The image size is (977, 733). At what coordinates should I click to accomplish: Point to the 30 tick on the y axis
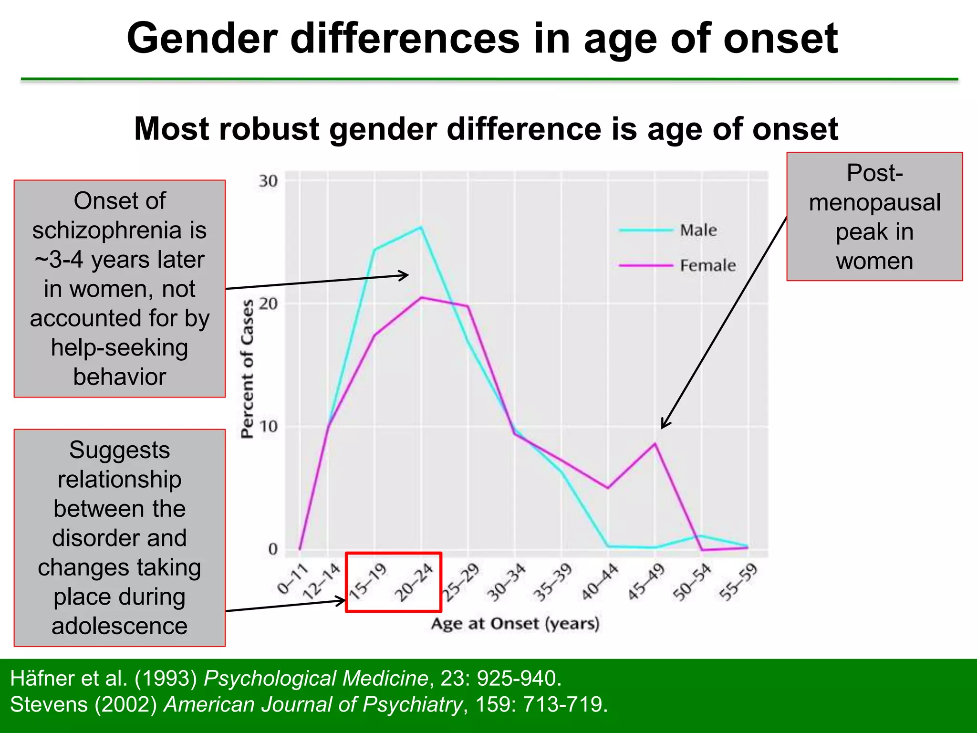(x=268, y=181)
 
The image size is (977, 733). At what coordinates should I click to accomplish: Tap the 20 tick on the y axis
(x=268, y=304)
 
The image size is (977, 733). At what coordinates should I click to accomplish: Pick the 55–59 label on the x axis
(x=738, y=582)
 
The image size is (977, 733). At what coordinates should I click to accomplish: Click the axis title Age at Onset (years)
(x=515, y=624)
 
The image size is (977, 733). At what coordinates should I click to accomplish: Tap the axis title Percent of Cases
(x=247, y=369)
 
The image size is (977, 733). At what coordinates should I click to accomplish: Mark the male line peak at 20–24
(x=421, y=227)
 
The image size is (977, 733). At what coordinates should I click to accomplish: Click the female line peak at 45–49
(x=655, y=443)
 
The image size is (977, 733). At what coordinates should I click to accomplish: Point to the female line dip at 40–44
(x=608, y=488)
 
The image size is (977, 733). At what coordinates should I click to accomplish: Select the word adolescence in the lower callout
(x=119, y=626)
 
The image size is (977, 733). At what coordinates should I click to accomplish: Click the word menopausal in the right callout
(x=874, y=202)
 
